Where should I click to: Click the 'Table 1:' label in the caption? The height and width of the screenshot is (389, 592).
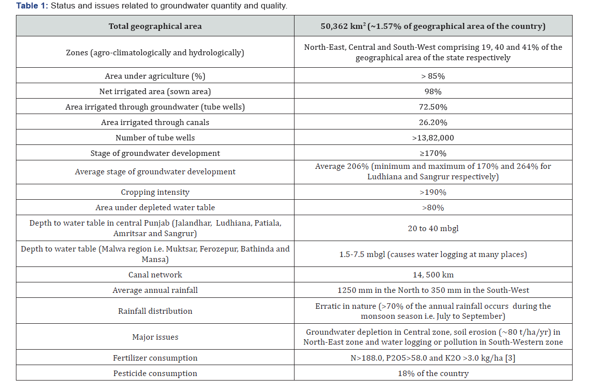(32, 6)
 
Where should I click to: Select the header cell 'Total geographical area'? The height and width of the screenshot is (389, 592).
(155, 26)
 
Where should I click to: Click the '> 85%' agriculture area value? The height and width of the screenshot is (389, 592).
(433, 76)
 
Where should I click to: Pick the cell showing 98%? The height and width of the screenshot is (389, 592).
(433, 92)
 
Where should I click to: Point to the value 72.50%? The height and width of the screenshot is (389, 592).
(433, 107)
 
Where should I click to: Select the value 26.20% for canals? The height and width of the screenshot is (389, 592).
(433, 123)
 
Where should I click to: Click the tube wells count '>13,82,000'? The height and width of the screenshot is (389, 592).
(433, 138)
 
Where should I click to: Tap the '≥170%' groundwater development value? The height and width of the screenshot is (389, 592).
(433, 153)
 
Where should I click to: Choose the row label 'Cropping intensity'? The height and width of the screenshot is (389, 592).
(155, 192)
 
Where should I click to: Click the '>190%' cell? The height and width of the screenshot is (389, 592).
(433, 192)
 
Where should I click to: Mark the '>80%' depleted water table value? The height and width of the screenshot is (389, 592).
(433, 208)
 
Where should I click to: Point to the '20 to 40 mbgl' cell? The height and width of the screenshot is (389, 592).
(433, 229)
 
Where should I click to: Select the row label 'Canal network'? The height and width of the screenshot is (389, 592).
(155, 275)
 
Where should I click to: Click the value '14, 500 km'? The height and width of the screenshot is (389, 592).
(433, 275)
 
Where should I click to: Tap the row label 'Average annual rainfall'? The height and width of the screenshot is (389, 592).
(155, 290)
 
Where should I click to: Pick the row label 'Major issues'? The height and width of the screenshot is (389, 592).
(155, 337)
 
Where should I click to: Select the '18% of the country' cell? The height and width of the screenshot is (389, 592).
(433, 374)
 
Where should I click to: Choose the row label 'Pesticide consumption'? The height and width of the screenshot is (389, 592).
(155, 374)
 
